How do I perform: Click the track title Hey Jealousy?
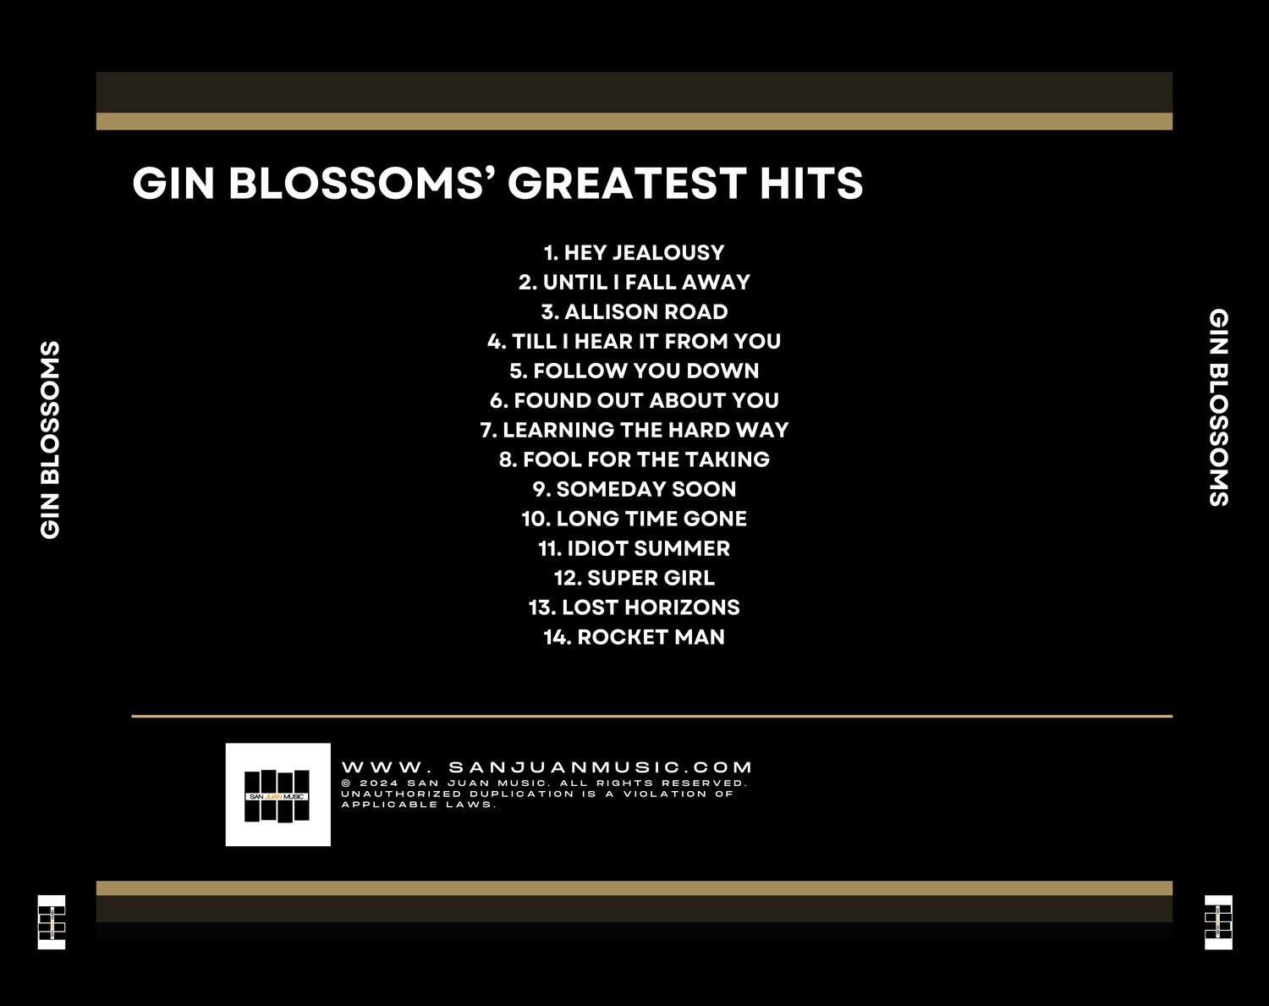[634, 253]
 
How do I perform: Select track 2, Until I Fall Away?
[634, 283]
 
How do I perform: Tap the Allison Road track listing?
[634, 312]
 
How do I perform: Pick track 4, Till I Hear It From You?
[634, 342]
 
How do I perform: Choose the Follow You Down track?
[634, 371]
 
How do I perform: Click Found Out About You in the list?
[634, 401]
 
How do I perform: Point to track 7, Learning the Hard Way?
[634, 431]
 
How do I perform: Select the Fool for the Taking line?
[634, 460]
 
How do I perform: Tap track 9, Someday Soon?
[634, 490]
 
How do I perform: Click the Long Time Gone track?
[634, 519]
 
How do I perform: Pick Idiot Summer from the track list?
[634, 549]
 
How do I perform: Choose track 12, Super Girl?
[634, 579]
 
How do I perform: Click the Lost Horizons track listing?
[634, 608]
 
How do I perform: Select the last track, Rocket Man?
[634, 638]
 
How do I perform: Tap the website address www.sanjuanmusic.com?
[547, 767]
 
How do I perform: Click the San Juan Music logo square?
[277, 794]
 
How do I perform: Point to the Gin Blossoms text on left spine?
[51, 440]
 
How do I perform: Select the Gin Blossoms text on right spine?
[1218, 407]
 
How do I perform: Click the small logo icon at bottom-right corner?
[1218, 921]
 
